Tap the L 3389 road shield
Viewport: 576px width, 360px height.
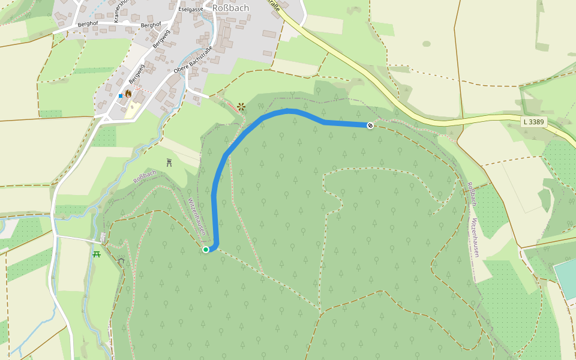click(533, 122)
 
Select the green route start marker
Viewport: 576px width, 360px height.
click(206, 249)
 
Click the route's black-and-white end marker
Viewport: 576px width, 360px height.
click(370, 125)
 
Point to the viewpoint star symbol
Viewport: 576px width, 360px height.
click(241, 107)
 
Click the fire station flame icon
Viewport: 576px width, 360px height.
click(128, 94)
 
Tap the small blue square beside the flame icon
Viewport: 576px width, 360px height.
click(121, 96)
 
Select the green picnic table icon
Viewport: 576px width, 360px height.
click(97, 254)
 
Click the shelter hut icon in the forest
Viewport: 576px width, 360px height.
click(122, 261)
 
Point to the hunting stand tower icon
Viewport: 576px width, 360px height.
click(169, 163)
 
